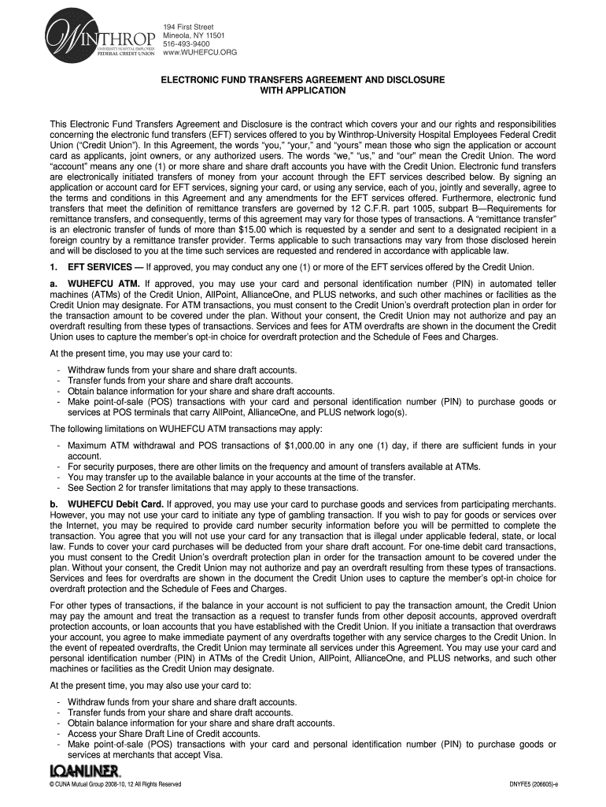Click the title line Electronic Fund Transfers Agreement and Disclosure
(303, 80)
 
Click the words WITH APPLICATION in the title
(303, 91)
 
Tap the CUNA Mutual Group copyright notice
(115, 784)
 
